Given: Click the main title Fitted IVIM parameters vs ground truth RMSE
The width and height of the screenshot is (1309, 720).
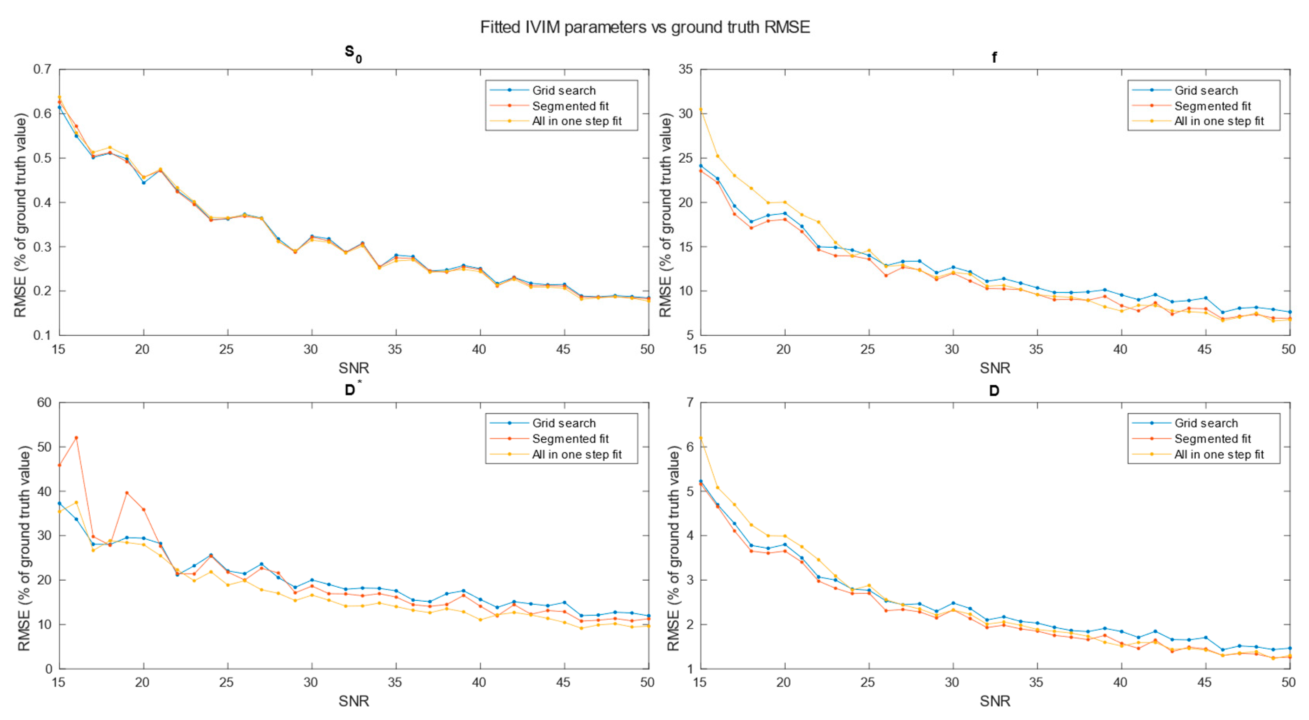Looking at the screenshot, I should (x=645, y=27).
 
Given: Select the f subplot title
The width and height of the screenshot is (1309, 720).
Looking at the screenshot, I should (x=994, y=57).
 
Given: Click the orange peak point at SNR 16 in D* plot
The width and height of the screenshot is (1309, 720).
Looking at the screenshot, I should (x=76, y=437).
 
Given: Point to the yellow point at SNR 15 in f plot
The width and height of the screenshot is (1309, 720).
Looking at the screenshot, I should (x=701, y=109).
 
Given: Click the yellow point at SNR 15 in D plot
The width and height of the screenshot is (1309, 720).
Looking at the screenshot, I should (x=701, y=438).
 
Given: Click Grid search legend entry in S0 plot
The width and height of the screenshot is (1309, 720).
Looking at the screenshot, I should (x=563, y=90).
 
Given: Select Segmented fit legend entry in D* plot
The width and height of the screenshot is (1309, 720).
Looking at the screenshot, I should (x=570, y=439).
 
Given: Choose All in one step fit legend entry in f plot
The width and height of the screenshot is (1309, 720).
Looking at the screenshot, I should (x=1218, y=122).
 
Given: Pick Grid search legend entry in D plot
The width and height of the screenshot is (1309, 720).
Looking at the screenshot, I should (x=1205, y=423).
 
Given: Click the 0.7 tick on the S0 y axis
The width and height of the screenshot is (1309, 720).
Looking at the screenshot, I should (x=42, y=69).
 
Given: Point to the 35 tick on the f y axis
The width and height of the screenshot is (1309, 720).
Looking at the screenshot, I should (x=686, y=69).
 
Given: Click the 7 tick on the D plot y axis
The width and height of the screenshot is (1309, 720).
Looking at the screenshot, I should (x=689, y=403).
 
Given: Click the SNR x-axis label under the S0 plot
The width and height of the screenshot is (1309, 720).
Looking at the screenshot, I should (x=354, y=368).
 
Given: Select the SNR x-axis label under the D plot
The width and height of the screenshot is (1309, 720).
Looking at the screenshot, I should (x=994, y=701).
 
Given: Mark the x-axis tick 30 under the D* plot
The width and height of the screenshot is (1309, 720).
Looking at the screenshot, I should (x=310, y=682).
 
